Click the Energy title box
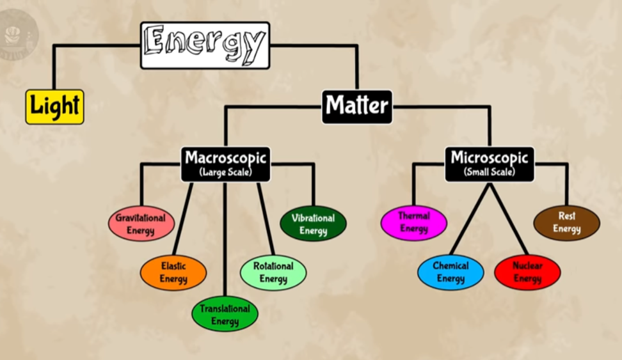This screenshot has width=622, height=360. [205, 45]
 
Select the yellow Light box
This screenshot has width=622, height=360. [55, 107]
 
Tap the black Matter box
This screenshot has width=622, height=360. [357, 107]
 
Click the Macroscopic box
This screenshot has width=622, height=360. [226, 164]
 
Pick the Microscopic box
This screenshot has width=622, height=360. [490, 164]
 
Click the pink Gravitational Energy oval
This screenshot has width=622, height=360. [141, 224]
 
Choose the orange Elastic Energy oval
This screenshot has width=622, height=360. [173, 273]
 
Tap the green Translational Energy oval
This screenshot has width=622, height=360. [225, 314]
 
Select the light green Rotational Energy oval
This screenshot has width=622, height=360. [273, 273]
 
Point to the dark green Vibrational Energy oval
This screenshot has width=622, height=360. [314, 224]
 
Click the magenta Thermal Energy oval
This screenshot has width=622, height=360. [414, 223]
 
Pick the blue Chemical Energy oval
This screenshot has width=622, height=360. [451, 272]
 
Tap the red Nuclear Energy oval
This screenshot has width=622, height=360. [527, 272]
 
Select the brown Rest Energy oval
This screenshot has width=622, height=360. [567, 223]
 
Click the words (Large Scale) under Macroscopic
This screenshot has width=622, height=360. [226, 172]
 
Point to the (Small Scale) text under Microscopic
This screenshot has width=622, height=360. [490, 172]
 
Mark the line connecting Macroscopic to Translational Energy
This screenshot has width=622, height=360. [225, 240]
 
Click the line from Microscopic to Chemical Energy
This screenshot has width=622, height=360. [470, 219]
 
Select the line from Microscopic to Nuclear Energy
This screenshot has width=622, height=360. [509, 219]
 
